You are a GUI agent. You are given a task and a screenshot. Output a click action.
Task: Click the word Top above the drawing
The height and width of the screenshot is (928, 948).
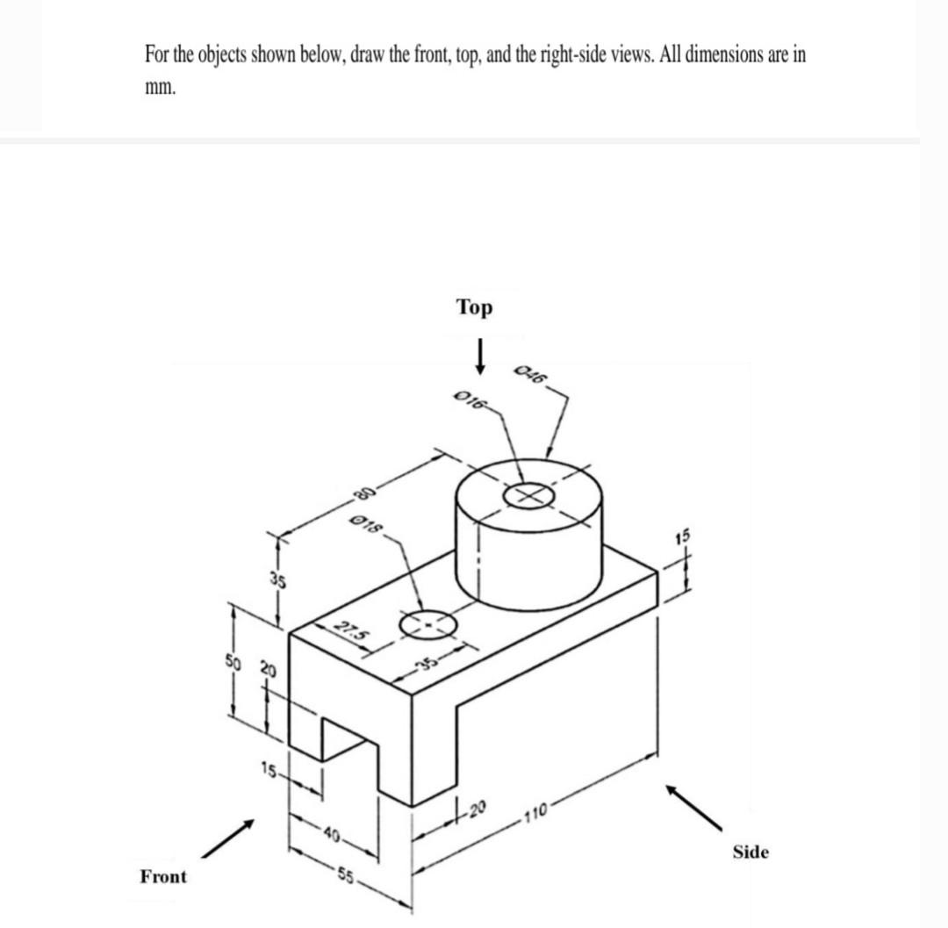(475, 308)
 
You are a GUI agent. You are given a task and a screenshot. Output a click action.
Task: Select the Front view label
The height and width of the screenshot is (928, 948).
(163, 876)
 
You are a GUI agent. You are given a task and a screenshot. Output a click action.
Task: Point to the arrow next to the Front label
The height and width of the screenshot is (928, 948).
(227, 838)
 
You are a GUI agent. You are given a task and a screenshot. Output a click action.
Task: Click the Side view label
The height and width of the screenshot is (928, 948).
(750, 852)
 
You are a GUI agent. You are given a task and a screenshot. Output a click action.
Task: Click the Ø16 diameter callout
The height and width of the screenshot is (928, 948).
(472, 400)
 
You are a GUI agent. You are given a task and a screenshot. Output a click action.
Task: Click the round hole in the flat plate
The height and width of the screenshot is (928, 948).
(427, 623)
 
